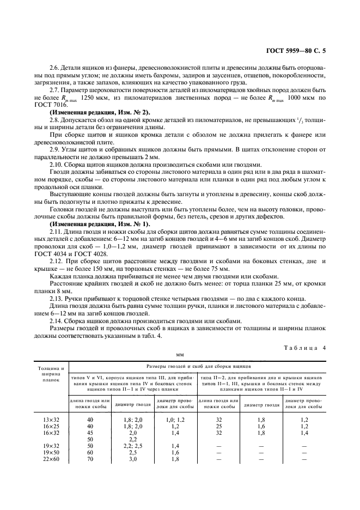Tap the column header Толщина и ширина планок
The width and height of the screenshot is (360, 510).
coord(51,375)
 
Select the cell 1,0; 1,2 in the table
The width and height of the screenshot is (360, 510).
coord(175,419)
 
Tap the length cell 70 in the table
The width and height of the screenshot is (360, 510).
coord(90,459)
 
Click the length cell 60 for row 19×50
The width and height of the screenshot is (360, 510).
coord(90,452)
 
